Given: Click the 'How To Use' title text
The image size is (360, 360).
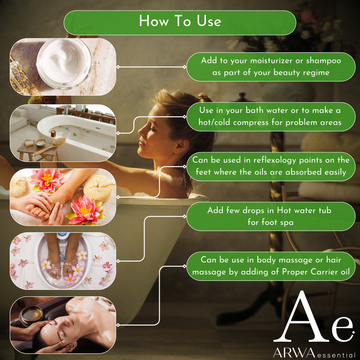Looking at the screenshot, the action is click(x=180, y=21).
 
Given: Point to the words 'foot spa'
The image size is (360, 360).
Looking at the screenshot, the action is click(x=270, y=222).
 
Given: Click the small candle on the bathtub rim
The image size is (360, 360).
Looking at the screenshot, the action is click(x=53, y=134).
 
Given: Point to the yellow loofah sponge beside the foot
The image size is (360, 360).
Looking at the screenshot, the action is click(x=98, y=188).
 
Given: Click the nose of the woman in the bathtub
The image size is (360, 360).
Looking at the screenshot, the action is click(x=141, y=132).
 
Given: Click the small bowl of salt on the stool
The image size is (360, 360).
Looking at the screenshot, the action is click(x=40, y=142).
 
